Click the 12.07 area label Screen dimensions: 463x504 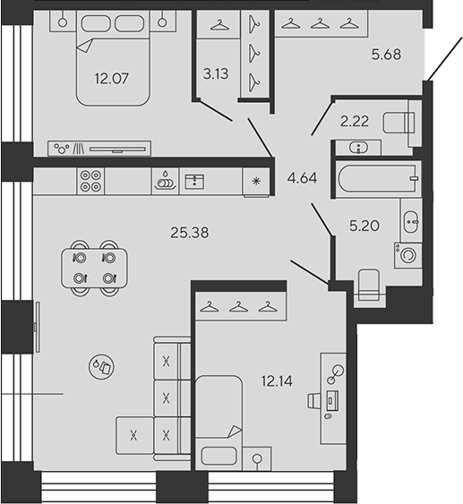112,79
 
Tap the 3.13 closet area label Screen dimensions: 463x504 216,73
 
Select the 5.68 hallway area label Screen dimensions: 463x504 386,55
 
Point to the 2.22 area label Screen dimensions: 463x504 355,121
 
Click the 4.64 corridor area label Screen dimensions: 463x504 302,178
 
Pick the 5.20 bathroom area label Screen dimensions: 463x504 364,226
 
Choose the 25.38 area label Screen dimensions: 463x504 189,233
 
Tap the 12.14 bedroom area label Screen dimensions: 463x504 277,381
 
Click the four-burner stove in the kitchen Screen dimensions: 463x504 90,181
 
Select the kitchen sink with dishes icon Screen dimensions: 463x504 166,181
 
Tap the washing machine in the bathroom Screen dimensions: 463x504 408,255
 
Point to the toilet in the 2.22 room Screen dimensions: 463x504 399,123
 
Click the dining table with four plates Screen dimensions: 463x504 94,268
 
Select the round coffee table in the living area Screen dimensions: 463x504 101,367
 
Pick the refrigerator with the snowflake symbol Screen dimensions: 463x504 256,182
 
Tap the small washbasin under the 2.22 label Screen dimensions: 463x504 358,148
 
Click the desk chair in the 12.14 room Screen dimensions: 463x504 314,401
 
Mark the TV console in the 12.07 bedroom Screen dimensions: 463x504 99,149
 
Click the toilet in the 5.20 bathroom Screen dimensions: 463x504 369,285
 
